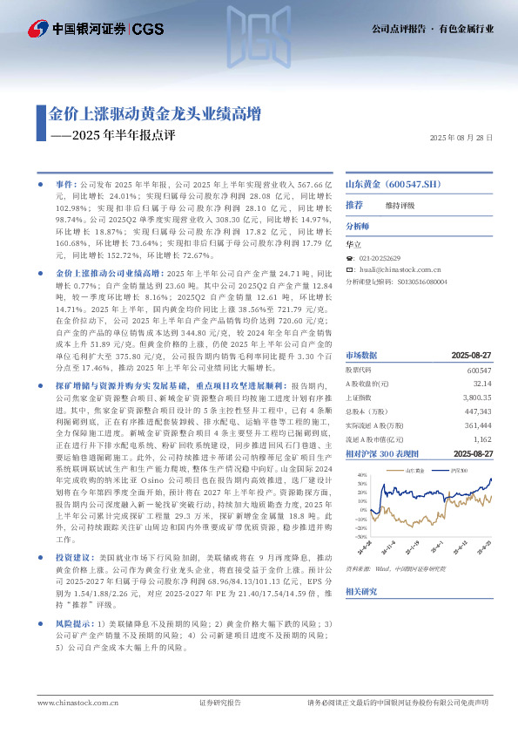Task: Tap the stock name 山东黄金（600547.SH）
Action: click(394, 185)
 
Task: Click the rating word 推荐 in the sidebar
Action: click(354, 205)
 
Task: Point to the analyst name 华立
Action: click(353, 247)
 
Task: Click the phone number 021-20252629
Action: click(380, 259)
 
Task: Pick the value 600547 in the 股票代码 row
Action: click(480, 370)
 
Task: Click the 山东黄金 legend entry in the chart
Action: click(414, 471)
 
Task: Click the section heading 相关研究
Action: click(361, 592)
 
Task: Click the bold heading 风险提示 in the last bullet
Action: click(74, 649)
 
